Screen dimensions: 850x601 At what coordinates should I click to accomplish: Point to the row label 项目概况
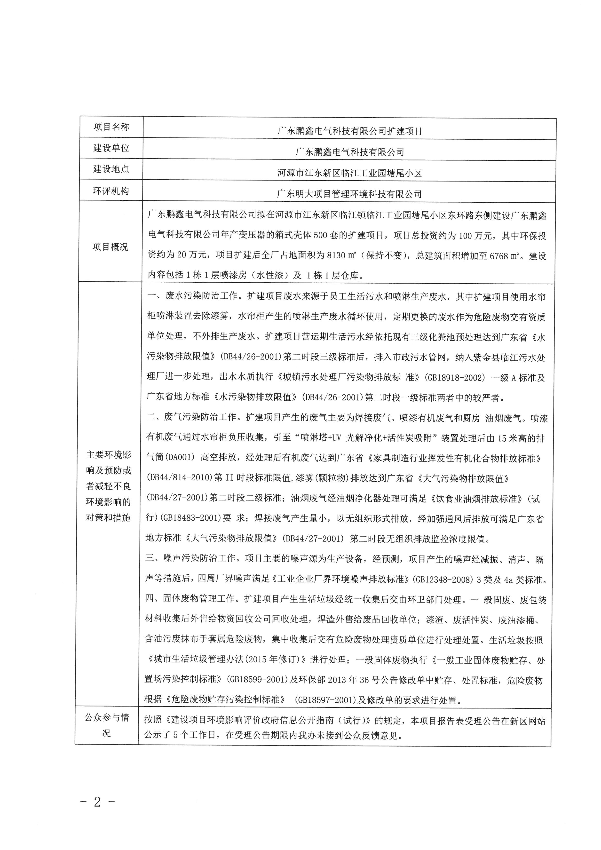tap(110, 247)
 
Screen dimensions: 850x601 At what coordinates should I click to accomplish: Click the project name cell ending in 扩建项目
tap(350, 131)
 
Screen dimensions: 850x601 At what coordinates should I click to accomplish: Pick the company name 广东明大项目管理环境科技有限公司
tap(349, 194)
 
